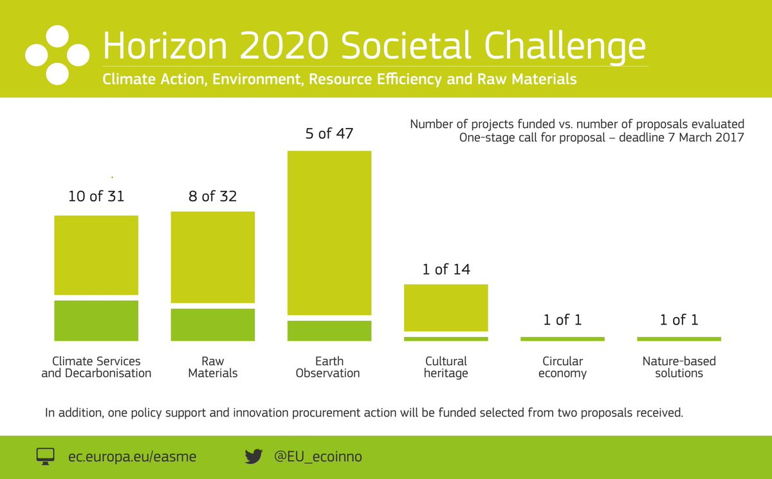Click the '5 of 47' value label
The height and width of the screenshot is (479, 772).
[x=329, y=134]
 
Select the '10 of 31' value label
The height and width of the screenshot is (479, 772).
[x=96, y=196]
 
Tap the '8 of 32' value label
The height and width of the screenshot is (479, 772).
[x=212, y=196]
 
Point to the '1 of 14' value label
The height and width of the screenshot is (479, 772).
[x=446, y=269]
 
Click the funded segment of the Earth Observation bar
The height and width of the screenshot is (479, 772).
[x=329, y=330]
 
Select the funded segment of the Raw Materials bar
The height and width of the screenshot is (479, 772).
[x=213, y=325]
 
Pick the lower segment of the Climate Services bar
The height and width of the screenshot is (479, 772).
[x=96, y=320]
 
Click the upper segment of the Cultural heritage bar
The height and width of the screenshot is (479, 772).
[x=446, y=307]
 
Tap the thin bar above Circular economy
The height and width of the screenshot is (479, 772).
[x=562, y=339]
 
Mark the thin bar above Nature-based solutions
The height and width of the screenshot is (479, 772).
[x=679, y=339]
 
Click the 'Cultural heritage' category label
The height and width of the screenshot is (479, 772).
[x=446, y=367]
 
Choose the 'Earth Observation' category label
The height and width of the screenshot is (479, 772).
[x=328, y=367]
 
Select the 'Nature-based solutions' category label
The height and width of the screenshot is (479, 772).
[x=679, y=367]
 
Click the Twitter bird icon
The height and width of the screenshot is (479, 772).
[x=254, y=457]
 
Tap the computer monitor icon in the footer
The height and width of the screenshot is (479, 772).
[x=45, y=457]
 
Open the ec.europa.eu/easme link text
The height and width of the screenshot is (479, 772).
[x=132, y=457]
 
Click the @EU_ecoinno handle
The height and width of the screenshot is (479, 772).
[x=318, y=457]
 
